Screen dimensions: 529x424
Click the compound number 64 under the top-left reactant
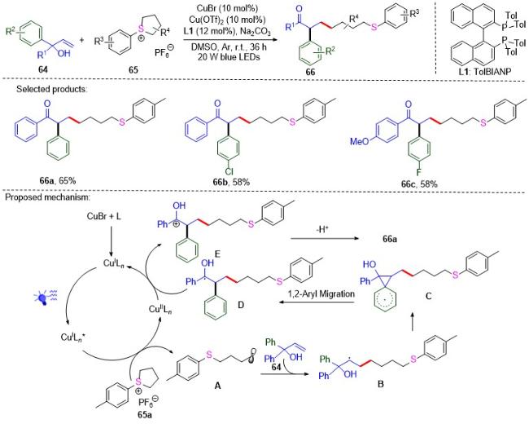[x=43, y=69]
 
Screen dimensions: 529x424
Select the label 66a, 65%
[x=57, y=180]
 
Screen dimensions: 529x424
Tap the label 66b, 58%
[x=231, y=183]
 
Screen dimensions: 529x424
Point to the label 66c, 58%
[x=419, y=184]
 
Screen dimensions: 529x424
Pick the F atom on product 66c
[x=418, y=173]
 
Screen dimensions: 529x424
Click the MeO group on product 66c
[x=360, y=141]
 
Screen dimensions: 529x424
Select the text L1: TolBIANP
[x=484, y=72]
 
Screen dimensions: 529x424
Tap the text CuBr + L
[x=104, y=216]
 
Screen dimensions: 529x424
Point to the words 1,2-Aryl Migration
[x=321, y=294]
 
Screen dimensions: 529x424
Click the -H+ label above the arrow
[x=323, y=230]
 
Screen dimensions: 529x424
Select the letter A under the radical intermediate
[x=217, y=385]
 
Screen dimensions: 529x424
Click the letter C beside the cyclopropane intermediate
[x=428, y=297]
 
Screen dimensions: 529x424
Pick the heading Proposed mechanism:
[x=47, y=197]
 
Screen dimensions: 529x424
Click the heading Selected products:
[x=51, y=89]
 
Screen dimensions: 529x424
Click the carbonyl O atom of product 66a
[x=47, y=104]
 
